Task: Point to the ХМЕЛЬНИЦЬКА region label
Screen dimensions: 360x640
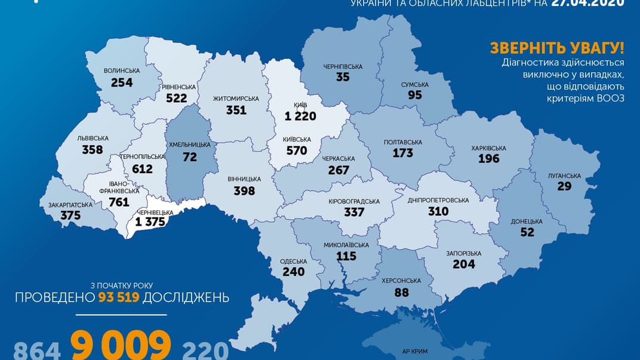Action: pos(189,144)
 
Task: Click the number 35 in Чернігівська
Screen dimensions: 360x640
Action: pos(343,76)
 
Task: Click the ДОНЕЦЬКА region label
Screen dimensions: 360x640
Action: pos(527,221)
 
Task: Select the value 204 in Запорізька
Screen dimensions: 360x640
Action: pos(463,264)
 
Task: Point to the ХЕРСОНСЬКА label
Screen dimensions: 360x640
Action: pos(401,281)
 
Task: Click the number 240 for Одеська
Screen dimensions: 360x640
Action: pos(293,272)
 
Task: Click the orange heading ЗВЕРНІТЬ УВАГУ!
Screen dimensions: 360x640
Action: pos(556,48)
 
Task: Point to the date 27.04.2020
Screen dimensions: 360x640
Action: pos(589,3)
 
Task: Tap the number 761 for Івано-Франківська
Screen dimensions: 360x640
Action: pos(119,202)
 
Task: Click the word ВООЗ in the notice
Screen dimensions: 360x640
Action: pos(608,98)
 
